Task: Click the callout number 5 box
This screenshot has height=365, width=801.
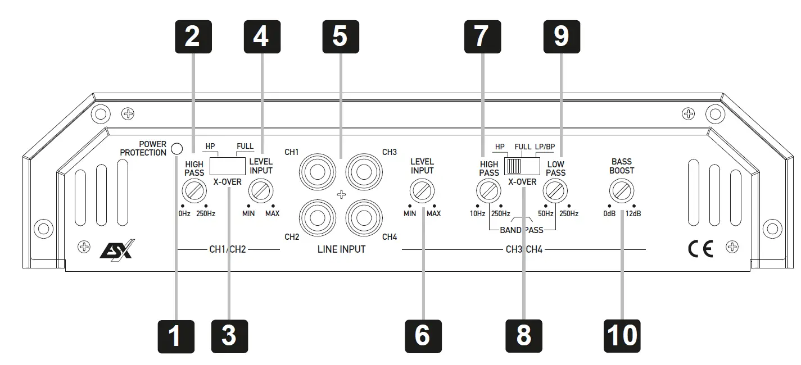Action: coord(340,37)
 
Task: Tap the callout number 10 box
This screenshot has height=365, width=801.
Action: coord(622,336)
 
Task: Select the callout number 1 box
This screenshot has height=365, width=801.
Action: coord(175,336)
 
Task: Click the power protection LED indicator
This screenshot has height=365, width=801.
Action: coord(177,149)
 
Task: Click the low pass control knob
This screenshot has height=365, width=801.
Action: coord(555,193)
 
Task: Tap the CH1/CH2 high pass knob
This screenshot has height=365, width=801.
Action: coord(194,193)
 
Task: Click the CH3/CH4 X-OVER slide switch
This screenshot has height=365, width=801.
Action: coord(521,166)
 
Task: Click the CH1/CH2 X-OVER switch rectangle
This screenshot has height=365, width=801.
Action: coord(228,166)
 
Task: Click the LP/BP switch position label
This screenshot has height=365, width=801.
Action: coord(545,147)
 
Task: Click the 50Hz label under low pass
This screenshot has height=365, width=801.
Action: coord(545,214)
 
